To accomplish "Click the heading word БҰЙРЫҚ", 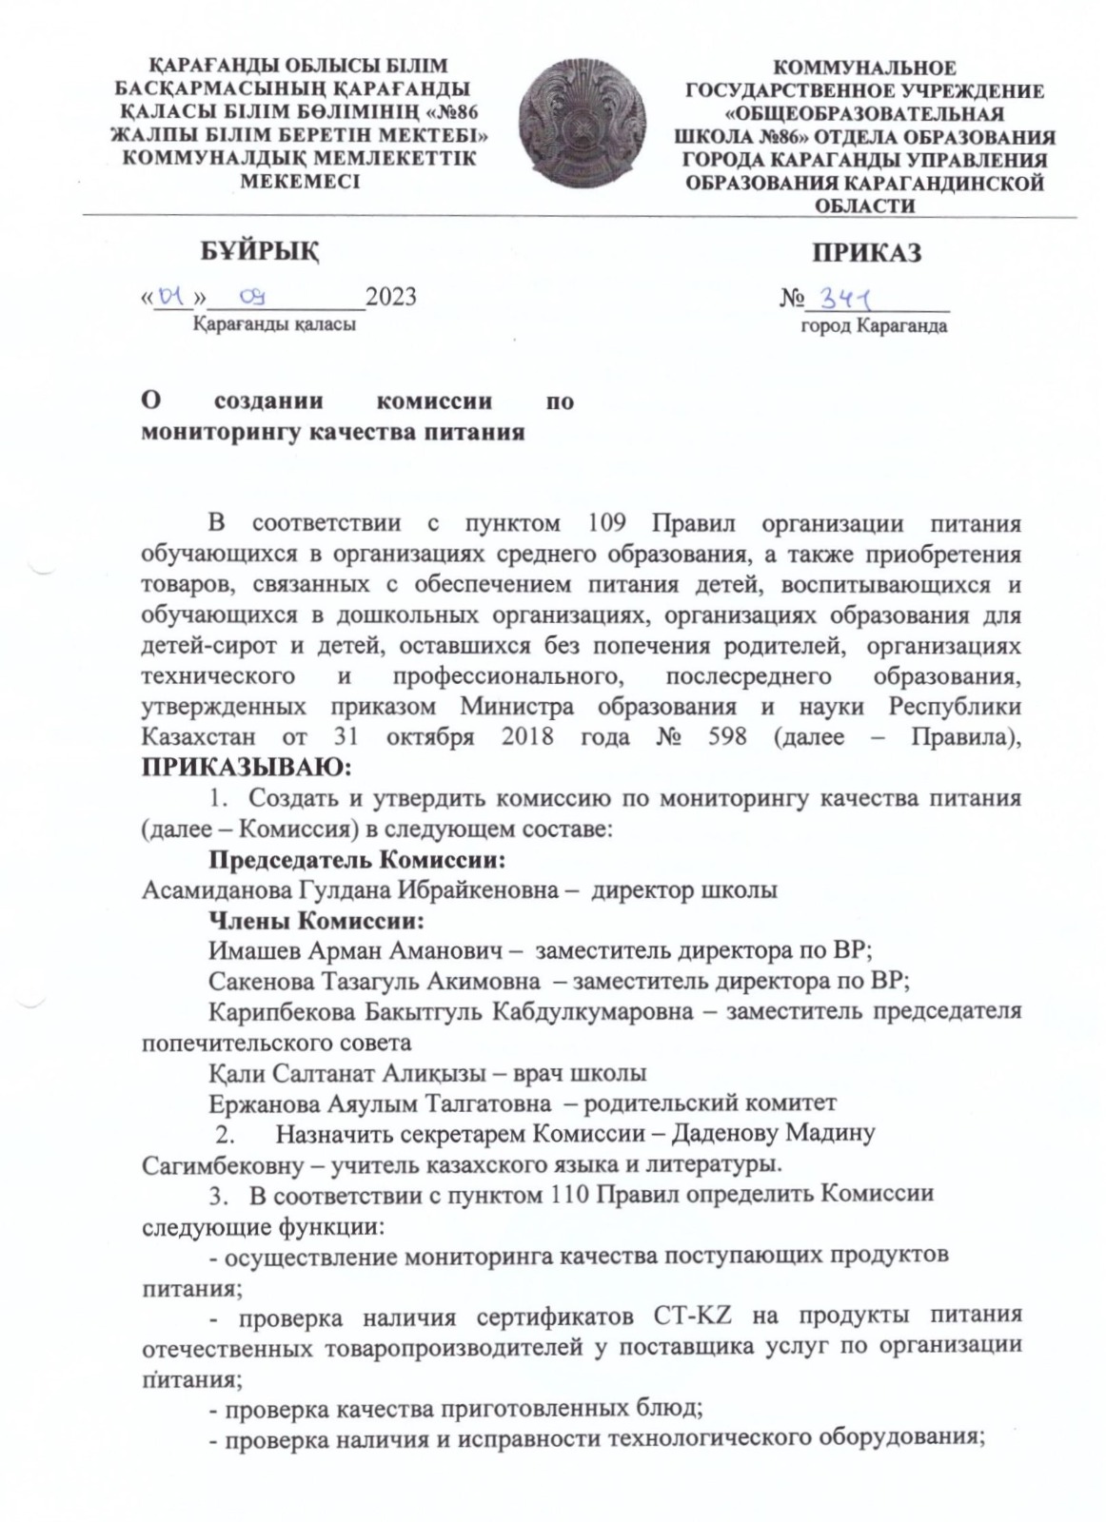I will click(x=258, y=252).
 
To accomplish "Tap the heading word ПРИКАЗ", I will click(x=865, y=253).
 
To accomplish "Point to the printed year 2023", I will click(x=390, y=297).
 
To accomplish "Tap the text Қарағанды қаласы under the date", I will click(x=274, y=324).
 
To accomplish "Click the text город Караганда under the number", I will click(x=872, y=326).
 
